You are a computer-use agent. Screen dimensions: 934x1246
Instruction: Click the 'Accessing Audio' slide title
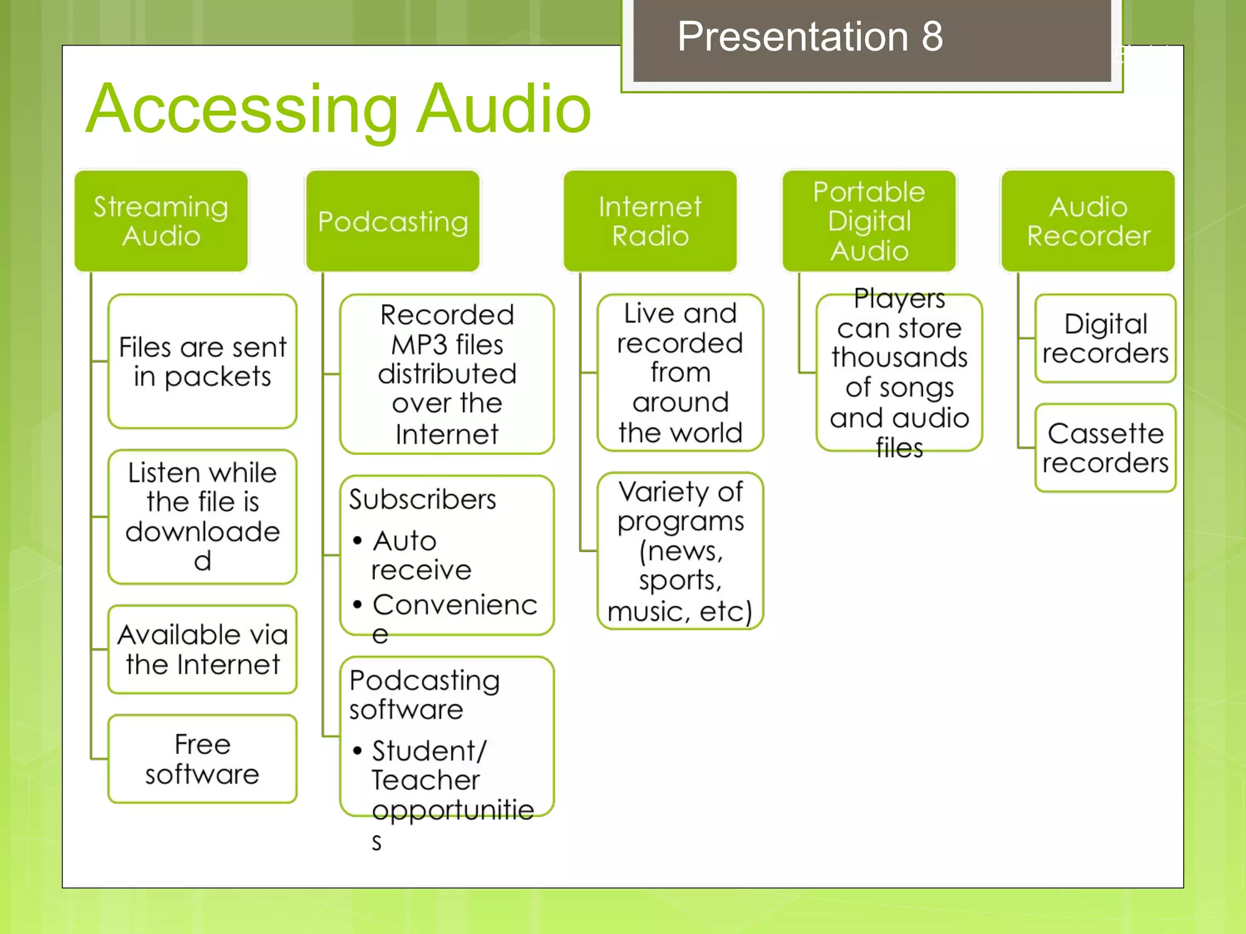(338, 109)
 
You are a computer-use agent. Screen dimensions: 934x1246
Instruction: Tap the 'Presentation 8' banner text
(809, 36)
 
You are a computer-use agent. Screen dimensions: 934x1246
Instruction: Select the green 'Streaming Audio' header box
(161, 221)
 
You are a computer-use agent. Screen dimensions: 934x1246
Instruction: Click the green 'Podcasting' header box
(393, 221)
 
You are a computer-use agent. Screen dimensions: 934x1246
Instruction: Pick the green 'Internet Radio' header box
(650, 221)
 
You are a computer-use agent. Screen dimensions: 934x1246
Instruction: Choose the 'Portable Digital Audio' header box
(869, 221)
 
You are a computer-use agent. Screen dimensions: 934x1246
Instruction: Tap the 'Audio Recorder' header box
(1088, 221)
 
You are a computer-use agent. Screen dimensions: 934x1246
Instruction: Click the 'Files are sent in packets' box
(203, 362)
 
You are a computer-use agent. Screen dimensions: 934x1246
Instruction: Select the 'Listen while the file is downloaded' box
(203, 516)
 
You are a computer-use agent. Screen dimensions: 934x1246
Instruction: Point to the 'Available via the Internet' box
(203, 649)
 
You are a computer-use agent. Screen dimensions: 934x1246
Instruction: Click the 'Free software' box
(203, 759)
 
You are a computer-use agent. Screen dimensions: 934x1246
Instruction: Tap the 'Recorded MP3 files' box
(447, 374)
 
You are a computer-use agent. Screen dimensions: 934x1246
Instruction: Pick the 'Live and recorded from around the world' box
(680, 373)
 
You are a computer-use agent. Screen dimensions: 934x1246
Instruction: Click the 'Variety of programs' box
(680, 551)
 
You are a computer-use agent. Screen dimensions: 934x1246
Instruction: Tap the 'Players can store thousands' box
(899, 373)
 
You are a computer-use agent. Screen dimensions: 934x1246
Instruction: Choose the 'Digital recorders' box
(1105, 339)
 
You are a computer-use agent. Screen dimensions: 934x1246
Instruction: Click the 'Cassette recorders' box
(1105, 448)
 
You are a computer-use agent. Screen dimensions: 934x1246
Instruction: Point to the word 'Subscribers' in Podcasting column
(423, 500)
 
